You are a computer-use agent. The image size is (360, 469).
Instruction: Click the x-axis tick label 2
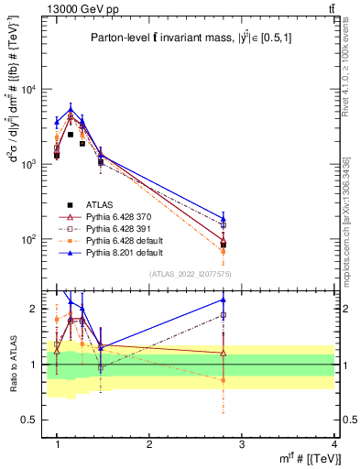pos(149,444)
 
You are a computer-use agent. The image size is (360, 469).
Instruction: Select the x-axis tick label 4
pos(333,444)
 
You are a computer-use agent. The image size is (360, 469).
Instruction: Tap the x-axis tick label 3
pos(242,444)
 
